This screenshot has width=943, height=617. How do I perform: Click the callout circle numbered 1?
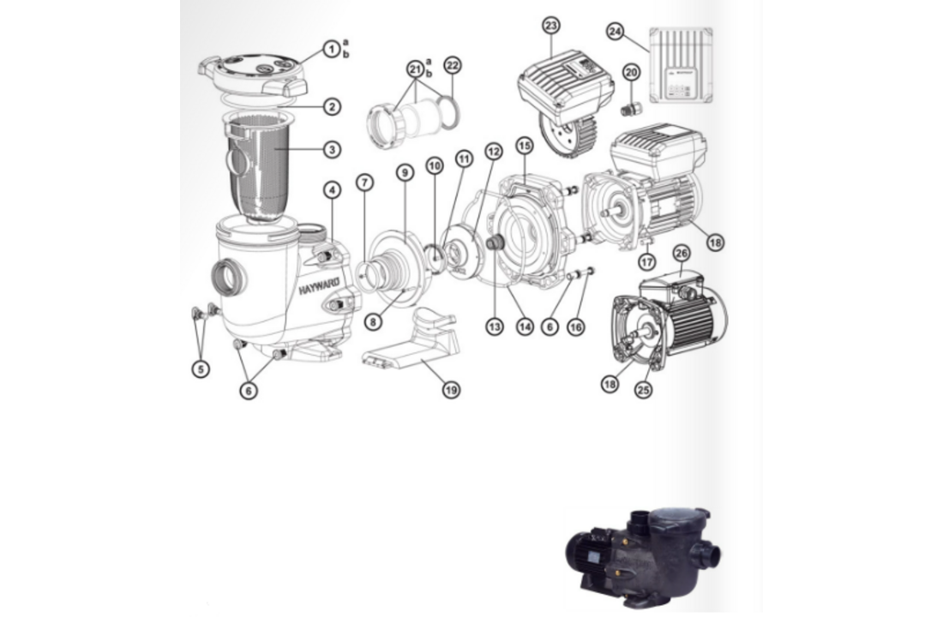click(x=331, y=49)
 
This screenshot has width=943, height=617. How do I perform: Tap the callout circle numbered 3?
click(x=332, y=149)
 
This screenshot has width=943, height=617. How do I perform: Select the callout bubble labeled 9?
click(x=405, y=172)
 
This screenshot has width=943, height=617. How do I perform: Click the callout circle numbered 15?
click(x=525, y=147)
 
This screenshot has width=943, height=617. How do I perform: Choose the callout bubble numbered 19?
click(x=451, y=390)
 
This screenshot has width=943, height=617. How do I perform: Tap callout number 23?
click(x=551, y=26)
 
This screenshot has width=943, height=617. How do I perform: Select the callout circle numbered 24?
click(x=615, y=32)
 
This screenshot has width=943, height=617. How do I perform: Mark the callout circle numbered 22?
click(x=453, y=65)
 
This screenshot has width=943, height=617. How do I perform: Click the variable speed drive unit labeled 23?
click(x=562, y=94)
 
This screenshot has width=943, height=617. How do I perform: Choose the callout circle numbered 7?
click(x=366, y=183)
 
